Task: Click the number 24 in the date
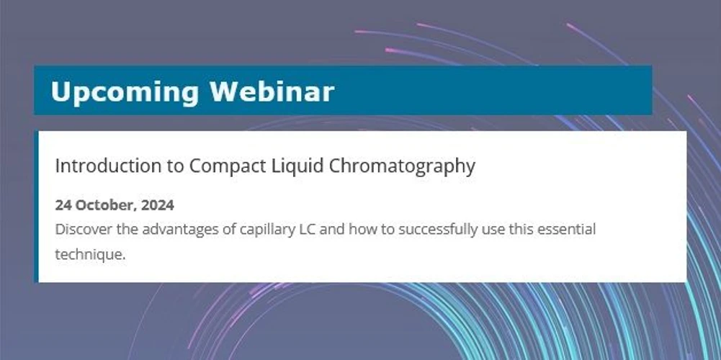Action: click(x=63, y=205)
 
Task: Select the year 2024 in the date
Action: click(x=157, y=205)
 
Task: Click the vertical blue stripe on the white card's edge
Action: click(x=36, y=207)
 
